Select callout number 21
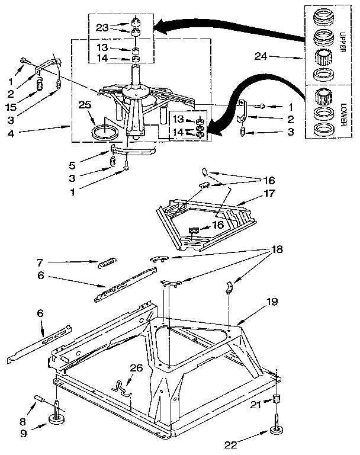(255, 405)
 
